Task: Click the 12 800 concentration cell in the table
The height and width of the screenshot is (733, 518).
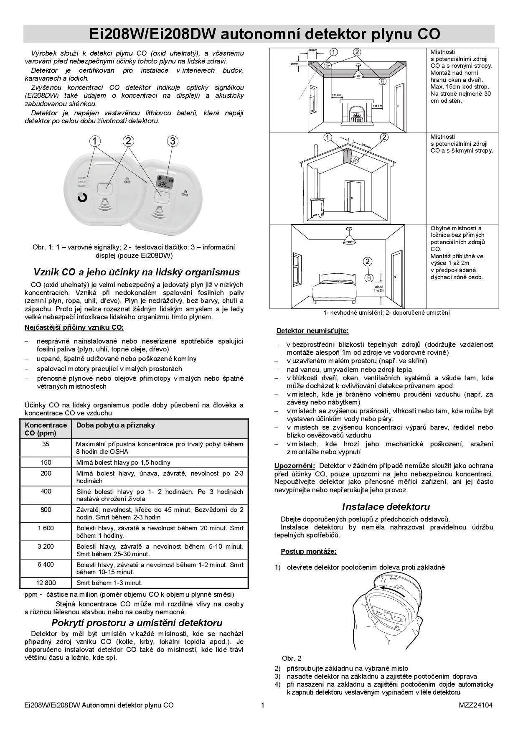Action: pos(46,583)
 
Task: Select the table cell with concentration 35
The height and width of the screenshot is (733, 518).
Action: pos(46,444)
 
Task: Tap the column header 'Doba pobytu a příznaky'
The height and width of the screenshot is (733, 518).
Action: pos(115,425)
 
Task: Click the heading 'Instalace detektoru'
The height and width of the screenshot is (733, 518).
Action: pos(386,506)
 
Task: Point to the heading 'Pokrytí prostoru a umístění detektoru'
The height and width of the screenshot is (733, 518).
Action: pos(137,623)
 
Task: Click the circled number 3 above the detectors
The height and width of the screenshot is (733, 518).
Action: pos(172,141)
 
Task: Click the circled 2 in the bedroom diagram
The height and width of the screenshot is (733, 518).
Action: pos(367,262)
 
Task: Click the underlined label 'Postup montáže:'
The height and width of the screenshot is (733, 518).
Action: pos(308,551)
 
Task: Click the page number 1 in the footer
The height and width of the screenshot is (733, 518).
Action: pos(262,705)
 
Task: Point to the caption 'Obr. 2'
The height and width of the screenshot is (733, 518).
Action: pos(292,658)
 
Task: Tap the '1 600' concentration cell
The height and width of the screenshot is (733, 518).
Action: pos(46,528)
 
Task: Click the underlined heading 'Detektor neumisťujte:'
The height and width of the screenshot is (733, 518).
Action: pos(312,331)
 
